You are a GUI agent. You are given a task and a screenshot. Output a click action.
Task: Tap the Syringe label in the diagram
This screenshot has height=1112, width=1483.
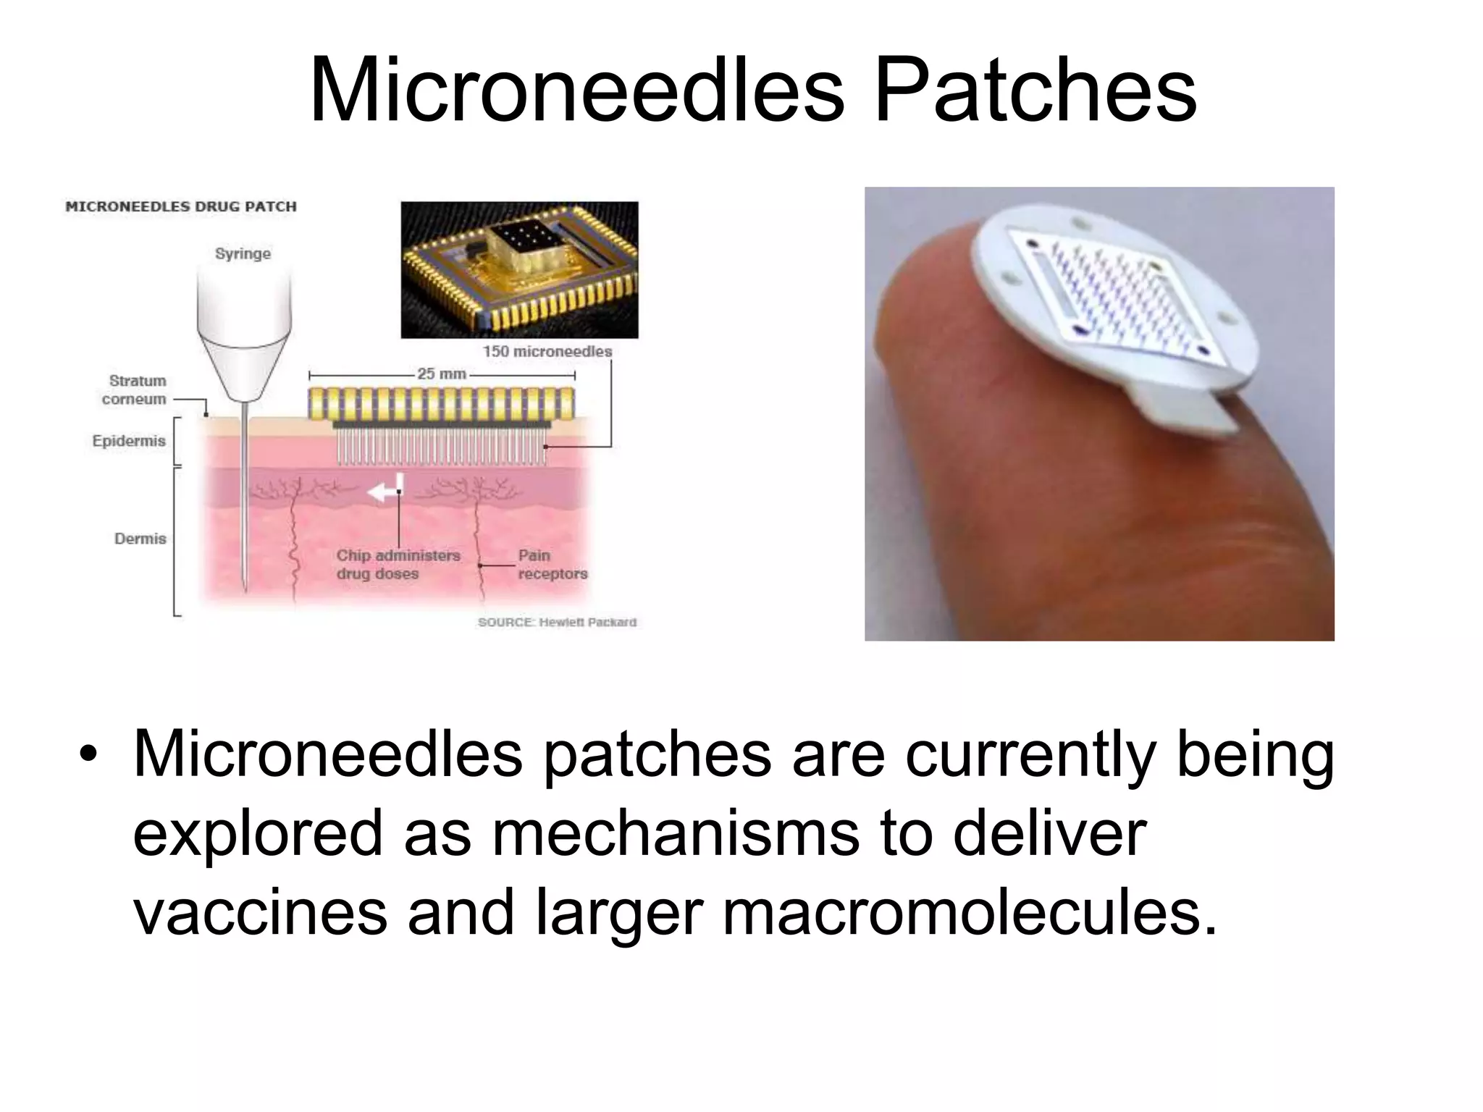pyautogui.click(x=243, y=253)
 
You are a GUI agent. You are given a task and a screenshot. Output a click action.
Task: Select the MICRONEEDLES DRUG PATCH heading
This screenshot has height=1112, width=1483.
pyautogui.click(x=181, y=206)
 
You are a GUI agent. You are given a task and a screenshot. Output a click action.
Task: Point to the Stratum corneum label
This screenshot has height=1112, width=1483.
pyautogui.click(x=136, y=389)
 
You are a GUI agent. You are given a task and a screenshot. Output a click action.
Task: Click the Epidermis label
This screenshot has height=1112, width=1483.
pyautogui.click(x=129, y=441)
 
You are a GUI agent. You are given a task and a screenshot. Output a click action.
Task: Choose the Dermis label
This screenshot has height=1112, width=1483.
pyautogui.click(x=140, y=539)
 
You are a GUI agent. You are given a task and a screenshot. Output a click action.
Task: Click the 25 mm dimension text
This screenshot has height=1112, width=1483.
pyautogui.click(x=441, y=374)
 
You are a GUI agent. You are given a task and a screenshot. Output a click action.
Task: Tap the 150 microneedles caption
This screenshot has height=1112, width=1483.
pyautogui.click(x=547, y=351)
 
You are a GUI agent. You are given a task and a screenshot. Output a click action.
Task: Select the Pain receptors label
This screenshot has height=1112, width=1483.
pyautogui.click(x=552, y=565)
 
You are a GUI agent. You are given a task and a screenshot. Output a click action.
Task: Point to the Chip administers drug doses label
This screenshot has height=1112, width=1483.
pyautogui.click(x=398, y=565)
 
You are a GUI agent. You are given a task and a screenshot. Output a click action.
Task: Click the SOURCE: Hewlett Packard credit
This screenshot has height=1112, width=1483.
pyautogui.click(x=557, y=622)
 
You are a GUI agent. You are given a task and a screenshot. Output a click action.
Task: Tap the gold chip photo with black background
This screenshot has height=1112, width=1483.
pyautogui.click(x=519, y=269)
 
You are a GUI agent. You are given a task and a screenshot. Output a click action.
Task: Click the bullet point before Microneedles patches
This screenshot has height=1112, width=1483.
pyautogui.click(x=88, y=754)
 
